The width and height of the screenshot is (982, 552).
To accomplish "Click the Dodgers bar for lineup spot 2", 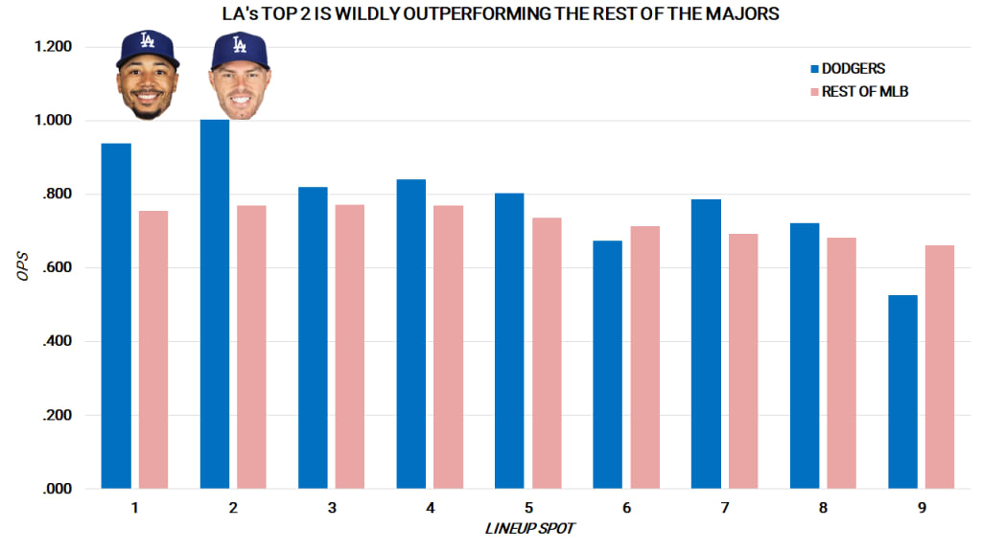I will (215, 304).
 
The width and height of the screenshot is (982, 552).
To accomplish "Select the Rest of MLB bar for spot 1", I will (153, 349).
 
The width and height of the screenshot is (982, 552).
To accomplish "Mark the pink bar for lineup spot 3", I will (350, 346).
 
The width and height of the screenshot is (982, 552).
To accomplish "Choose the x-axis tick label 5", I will (527, 506).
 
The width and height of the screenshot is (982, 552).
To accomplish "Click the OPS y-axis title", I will (23, 267).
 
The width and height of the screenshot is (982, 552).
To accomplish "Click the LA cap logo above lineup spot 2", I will (240, 43).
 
